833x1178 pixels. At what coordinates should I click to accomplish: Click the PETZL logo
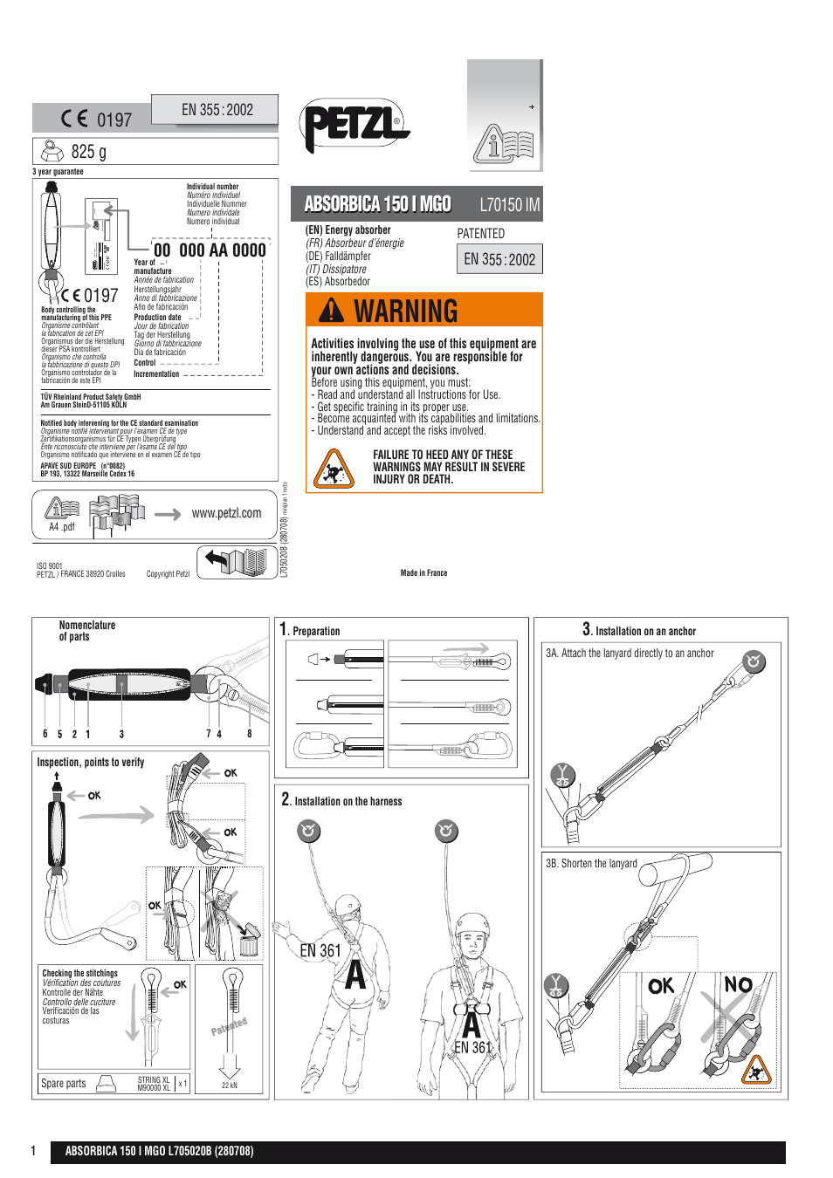click(355, 126)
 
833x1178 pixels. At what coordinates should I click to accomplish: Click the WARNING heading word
click(405, 312)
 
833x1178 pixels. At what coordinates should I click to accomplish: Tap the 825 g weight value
click(88, 152)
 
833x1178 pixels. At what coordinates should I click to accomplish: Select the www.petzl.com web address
click(226, 513)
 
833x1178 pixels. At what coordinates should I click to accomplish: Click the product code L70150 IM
click(509, 205)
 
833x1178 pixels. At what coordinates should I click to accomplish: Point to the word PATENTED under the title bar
click(480, 234)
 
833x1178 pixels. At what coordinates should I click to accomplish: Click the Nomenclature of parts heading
click(86, 631)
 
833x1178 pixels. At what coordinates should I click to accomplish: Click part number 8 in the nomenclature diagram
click(249, 734)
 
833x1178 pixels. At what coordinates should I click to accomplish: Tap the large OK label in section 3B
click(661, 986)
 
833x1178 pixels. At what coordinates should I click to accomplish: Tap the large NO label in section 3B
click(738, 985)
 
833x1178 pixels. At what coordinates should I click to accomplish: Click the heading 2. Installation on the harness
click(341, 800)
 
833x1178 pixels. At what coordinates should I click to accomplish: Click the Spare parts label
click(64, 1083)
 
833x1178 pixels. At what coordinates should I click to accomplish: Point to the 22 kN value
click(229, 1086)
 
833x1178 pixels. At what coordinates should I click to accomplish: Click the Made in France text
click(423, 573)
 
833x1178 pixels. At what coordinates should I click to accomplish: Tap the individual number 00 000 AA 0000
click(210, 250)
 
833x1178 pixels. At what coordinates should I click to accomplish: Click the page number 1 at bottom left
click(34, 1151)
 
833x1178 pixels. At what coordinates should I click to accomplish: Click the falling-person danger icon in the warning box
click(334, 469)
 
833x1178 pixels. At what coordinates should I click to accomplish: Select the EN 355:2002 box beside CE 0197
click(217, 110)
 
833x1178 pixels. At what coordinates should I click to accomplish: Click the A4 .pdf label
click(61, 527)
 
